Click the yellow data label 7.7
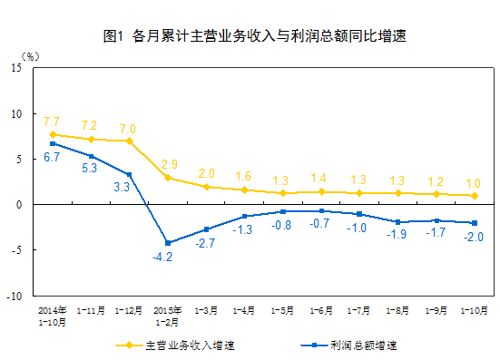point(52,122)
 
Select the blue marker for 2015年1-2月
point(167,242)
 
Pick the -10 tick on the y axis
point(15,296)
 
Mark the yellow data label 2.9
point(169,164)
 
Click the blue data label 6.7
point(52,158)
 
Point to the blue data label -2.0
point(473,238)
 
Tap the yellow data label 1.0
point(473,182)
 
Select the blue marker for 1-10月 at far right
point(474,223)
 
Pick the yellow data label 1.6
point(244,176)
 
